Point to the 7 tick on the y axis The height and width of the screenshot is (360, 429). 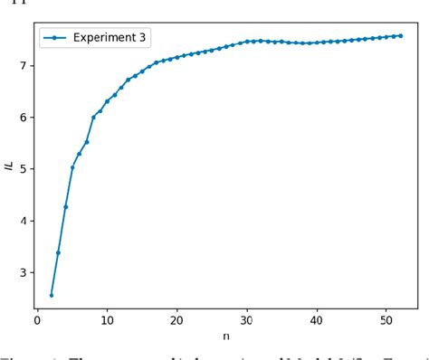pos(21,65)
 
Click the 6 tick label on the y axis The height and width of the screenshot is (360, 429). pos(21,118)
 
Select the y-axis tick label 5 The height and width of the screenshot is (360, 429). pos(21,169)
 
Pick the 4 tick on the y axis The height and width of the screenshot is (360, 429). pos(21,221)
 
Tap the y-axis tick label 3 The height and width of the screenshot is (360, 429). pos(21,272)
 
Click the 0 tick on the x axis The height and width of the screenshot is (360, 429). pos(37,319)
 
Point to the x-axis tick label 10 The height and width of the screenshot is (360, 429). pos(107,319)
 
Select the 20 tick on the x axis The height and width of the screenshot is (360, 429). pos(176,319)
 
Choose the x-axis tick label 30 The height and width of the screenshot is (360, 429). pos(247,319)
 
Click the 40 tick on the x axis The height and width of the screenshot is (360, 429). pos(317,319)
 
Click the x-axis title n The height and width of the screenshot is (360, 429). pos(225,335)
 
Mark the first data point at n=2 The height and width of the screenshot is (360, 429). pos(52,295)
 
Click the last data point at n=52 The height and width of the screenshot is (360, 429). pos(400,35)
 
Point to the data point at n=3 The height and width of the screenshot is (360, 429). pos(59,252)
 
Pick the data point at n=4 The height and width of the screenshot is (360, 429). pos(65,207)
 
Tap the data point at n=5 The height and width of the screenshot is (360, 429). pos(72,167)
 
